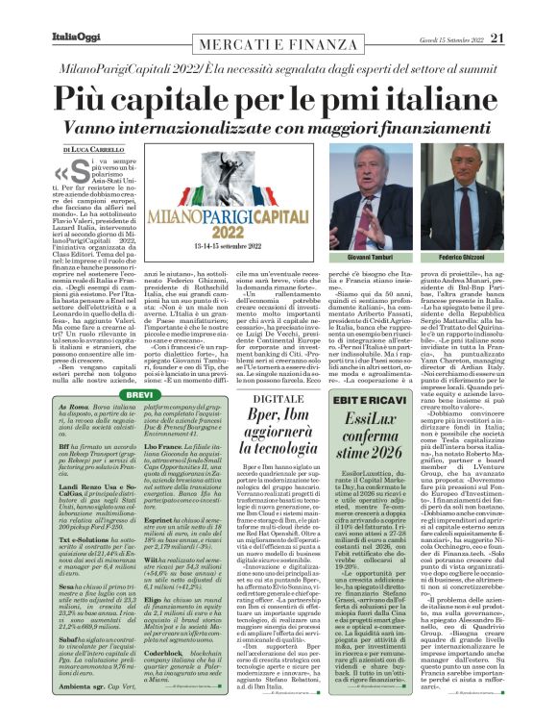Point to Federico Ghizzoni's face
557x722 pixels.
(500, 183)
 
